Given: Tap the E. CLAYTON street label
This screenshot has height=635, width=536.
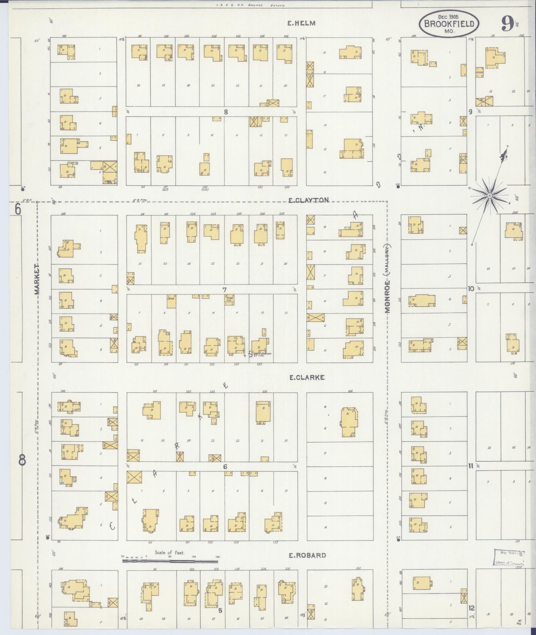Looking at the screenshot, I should [x=308, y=200].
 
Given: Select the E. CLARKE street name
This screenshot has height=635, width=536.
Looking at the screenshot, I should [x=307, y=377].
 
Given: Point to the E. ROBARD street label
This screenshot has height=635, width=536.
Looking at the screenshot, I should [x=307, y=555].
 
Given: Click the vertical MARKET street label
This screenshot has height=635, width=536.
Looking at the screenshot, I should [x=37, y=279].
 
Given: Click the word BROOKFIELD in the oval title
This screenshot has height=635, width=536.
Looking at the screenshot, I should [x=449, y=24].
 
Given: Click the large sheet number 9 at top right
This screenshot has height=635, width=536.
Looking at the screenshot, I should [x=507, y=24].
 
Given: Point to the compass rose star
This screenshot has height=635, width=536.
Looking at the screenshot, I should [x=489, y=196].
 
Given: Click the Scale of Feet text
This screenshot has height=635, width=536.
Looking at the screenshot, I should [x=169, y=553].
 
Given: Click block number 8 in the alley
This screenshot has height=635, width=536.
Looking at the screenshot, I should [x=226, y=112].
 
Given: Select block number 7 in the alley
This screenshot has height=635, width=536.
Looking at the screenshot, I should [x=225, y=290].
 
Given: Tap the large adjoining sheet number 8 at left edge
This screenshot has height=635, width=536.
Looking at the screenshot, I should [x=22, y=460].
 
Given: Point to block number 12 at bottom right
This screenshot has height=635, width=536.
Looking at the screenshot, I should [x=471, y=608].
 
